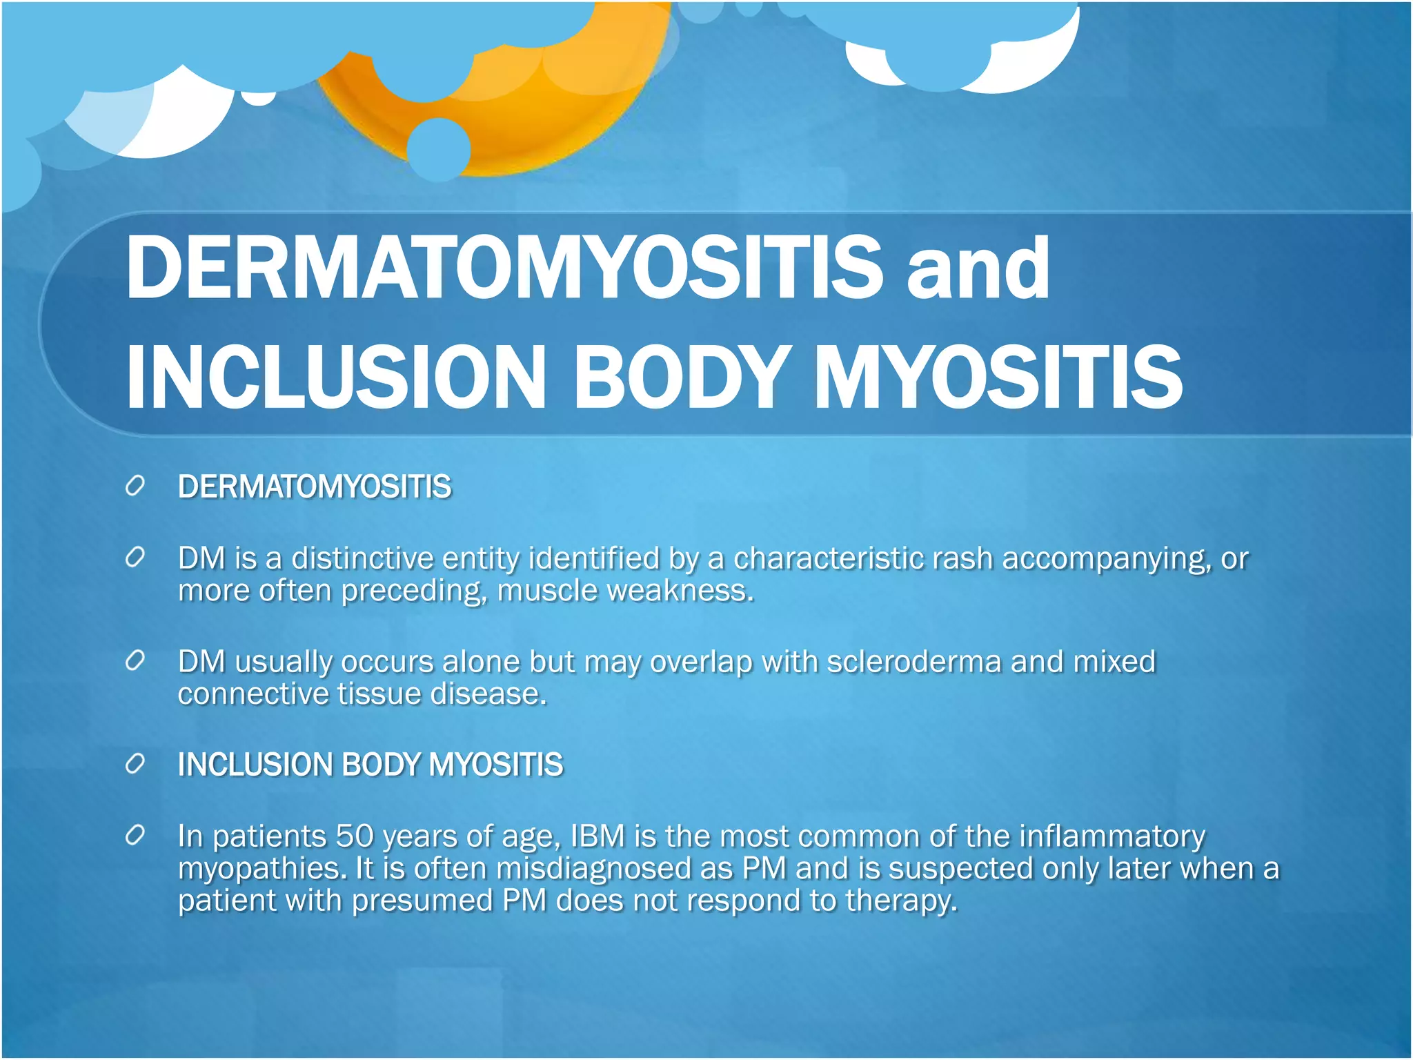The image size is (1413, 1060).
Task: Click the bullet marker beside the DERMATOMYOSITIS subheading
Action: tap(135, 486)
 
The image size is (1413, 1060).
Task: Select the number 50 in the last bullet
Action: tap(355, 836)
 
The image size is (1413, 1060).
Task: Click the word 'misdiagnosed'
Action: tap(593, 869)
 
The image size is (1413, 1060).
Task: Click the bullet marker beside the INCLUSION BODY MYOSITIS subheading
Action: tap(135, 764)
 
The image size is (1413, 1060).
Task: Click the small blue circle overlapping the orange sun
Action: tap(438, 149)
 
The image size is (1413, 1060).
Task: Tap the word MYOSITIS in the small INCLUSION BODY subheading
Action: tap(495, 765)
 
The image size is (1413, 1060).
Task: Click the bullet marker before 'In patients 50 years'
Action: tap(135, 836)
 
